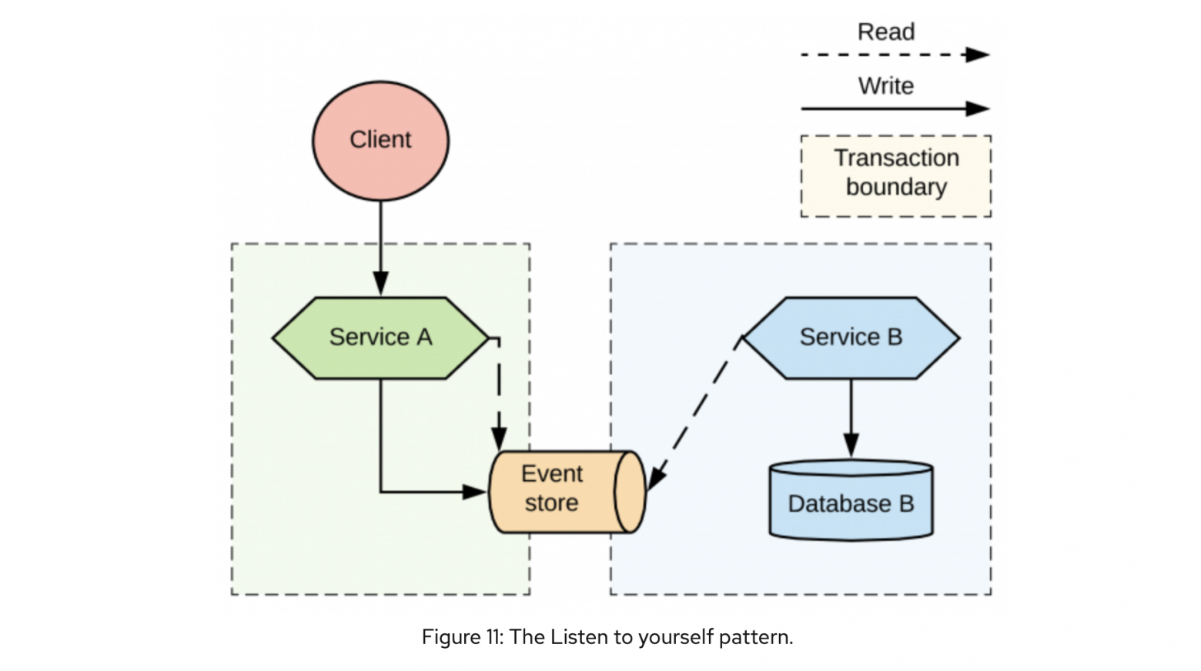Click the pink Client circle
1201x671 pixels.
pyautogui.click(x=380, y=141)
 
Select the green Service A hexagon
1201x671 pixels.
pyautogui.click(x=380, y=338)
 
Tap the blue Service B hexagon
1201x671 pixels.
pyautogui.click(x=851, y=338)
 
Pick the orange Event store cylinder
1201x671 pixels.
pyautogui.click(x=567, y=492)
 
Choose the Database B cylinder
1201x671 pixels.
pyautogui.click(x=851, y=500)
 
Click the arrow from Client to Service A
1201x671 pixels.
pyautogui.click(x=380, y=248)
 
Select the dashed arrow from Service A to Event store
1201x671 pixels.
pyautogui.click(x=499, y=394)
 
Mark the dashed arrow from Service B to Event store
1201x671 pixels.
pyautogui.click(x=695, y=413)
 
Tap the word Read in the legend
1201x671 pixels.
pyautogui.click(x=885, y=32)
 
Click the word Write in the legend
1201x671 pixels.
pyautogui.click(x=885, y=86)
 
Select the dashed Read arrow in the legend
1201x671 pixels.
pyautogui.click(x=895, y=55)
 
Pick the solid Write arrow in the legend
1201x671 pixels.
pyautogui.click(x=895, y=108)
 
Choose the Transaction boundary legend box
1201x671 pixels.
pyautogui.click(x=896, y=176)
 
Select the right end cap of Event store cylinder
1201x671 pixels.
pyautogui.click(x=630, y=492)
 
